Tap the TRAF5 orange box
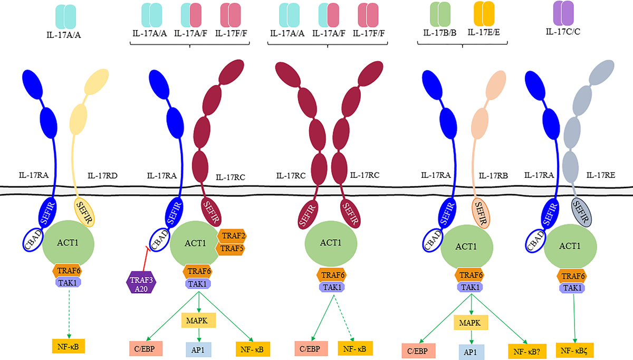(231, 248)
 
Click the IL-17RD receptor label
(103, 175)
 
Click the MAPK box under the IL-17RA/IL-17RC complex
(198, 320)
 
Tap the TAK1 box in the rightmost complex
(572, 288)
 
